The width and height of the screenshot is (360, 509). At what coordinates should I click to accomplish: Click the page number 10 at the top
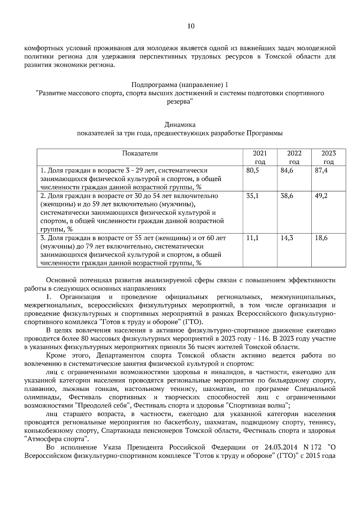pos(191,26)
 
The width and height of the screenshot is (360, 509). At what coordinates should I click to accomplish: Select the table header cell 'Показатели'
pos(140,154)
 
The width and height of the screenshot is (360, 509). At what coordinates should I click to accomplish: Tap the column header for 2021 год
pos(260,158)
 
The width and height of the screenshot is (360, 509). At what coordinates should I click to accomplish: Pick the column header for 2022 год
pos(294,158)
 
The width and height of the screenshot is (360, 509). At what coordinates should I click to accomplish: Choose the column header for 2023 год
pos(328,158)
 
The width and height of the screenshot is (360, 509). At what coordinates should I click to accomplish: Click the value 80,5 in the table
pos(253,171)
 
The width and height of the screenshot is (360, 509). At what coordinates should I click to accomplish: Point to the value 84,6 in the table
pos(287,171)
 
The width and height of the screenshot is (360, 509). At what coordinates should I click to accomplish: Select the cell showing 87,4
pos(321,171)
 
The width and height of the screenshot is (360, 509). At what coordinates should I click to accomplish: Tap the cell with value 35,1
pos(253,196)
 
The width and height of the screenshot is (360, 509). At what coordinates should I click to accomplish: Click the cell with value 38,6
pos(287,196)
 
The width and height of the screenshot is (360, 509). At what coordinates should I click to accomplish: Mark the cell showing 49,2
pos(321,196)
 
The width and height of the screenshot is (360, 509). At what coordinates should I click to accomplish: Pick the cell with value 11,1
pos(253,238)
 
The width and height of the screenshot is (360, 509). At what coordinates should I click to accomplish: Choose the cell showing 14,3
pos(287,238)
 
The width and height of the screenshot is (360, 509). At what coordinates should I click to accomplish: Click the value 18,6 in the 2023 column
pos(321,238)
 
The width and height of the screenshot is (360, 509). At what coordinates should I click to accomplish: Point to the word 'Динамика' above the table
pos(180,125)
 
